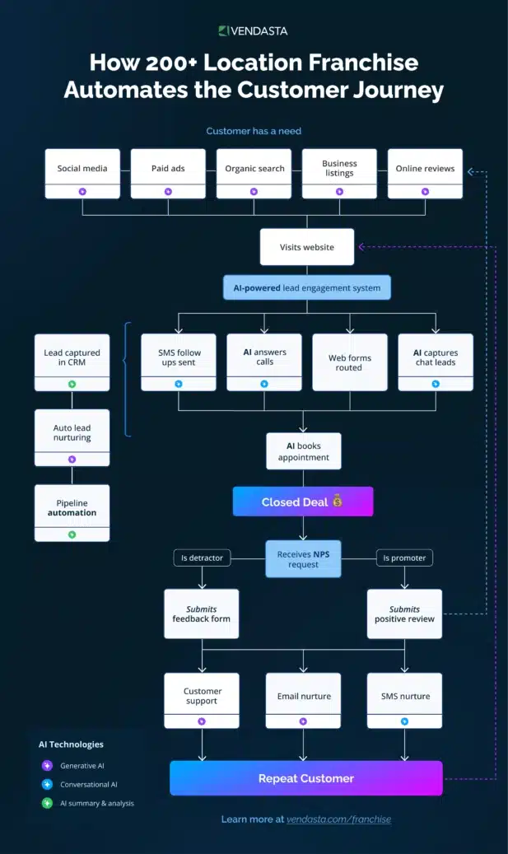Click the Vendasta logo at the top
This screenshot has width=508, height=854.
(253, 31)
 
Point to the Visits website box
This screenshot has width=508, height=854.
(306, 247)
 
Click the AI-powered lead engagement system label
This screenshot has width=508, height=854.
(306, 287)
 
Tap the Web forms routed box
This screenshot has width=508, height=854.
(349, 362)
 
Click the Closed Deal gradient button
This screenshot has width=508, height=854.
(303, 502)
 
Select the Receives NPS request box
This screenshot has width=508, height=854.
(303, 559)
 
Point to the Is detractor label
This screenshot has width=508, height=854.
(201, 558)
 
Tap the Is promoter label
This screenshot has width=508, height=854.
(404, 558)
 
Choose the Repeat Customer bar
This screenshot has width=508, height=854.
(306, 778)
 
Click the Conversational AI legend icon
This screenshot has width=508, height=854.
(48, 784)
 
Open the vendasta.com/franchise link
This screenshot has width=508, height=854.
(338, 819)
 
